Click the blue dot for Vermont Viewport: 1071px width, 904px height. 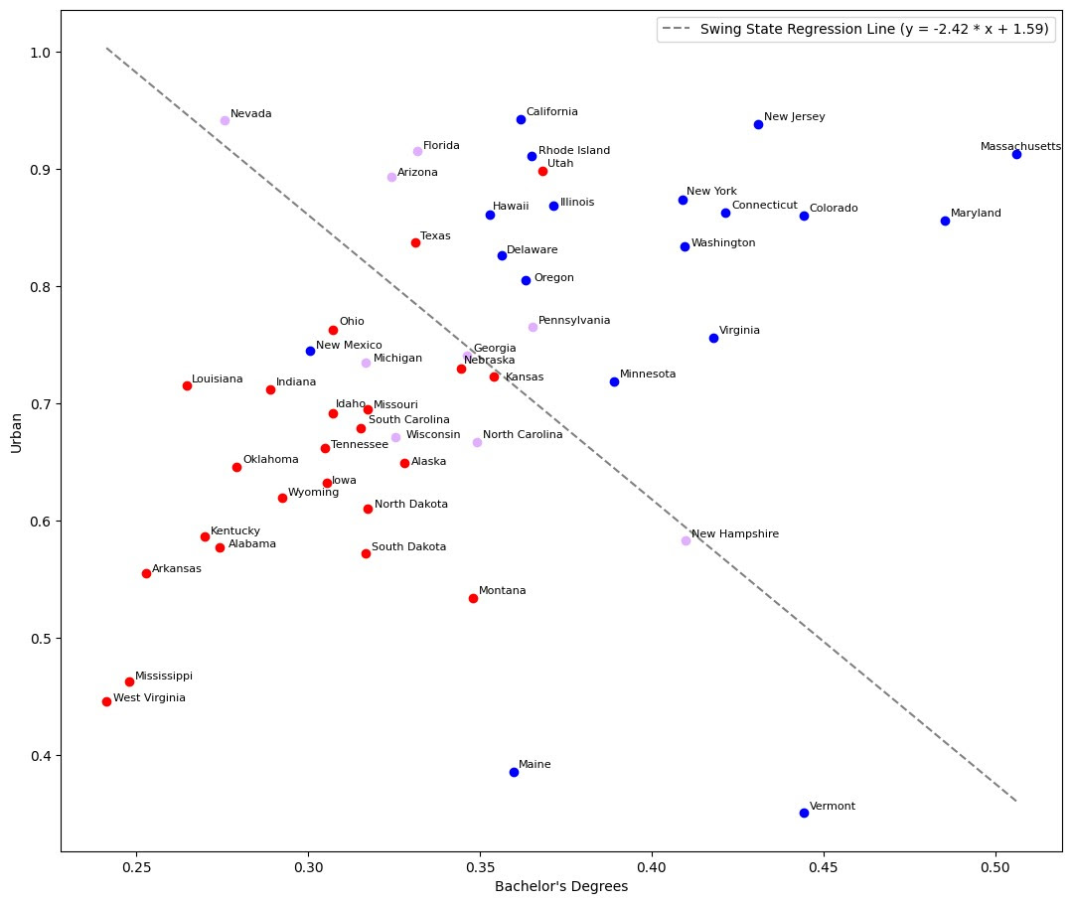click(804, 813)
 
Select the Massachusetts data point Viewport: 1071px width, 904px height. click(1016, 154)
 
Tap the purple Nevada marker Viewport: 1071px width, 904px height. click(225, 120)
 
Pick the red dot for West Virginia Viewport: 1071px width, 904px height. click(106, 701)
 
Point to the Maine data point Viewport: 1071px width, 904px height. click(514, 772)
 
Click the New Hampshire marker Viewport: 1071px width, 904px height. click(686, 540)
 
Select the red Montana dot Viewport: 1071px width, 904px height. click(473, 598)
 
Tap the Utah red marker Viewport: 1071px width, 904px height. click(542, 171)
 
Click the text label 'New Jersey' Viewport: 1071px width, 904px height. click(794, 117)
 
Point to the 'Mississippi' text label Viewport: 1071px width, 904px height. click(164, 676)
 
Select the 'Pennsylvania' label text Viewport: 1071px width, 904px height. click(574, 321)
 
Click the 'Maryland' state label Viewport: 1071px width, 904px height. click(976, 214)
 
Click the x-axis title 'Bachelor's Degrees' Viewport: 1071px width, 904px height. click(560, 886)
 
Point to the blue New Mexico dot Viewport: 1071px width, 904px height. click(310, 351)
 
